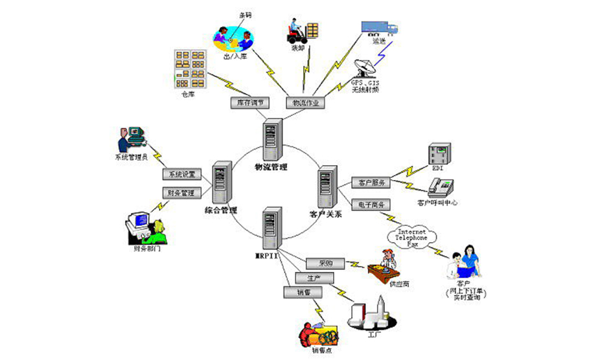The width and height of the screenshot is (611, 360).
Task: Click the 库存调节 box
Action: [x=249, y=102]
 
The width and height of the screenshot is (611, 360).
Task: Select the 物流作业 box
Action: [x=305, y=102]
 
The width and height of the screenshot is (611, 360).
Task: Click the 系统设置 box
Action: [x=181, y=175]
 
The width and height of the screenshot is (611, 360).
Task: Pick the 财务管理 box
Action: [x=181, y=192]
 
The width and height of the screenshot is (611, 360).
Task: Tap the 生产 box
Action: [x=314, y=278]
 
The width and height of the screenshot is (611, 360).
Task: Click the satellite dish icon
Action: [x=365, y=70]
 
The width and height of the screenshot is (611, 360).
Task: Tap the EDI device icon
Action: [x=440, y=154]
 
